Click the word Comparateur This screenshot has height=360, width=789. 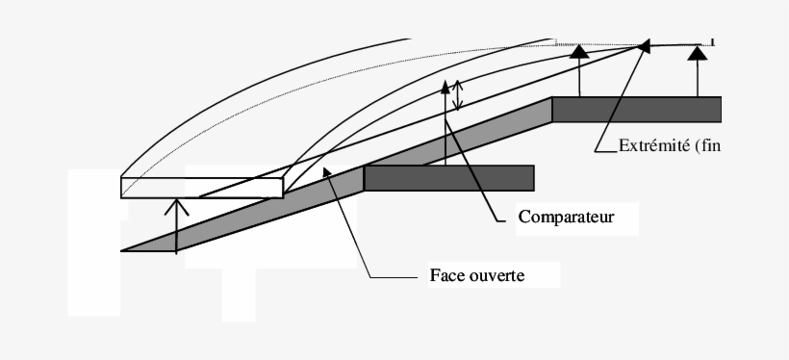566,217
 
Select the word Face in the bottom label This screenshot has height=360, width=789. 445,274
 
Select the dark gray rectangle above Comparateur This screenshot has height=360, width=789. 449,178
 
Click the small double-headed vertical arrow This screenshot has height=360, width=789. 459,92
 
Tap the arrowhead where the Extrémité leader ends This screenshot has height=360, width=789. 644,45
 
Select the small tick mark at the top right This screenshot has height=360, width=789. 713,41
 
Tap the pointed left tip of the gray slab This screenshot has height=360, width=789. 125,250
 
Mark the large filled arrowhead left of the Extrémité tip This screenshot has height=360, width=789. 579,52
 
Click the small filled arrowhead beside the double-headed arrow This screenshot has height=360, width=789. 445,86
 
